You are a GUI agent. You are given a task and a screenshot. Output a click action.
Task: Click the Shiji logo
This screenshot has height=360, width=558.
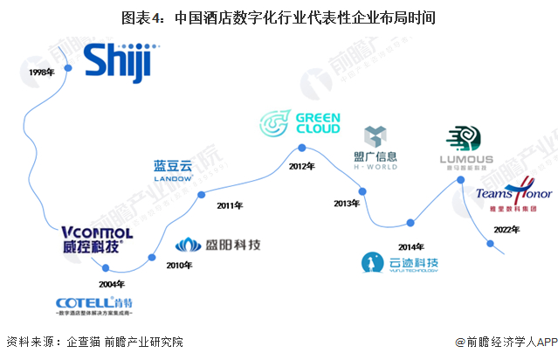tap(118, 64)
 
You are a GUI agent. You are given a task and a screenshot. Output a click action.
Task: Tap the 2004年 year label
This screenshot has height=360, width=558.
tap(111, 284)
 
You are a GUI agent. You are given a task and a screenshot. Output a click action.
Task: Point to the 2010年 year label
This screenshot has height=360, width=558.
tap(179, 265)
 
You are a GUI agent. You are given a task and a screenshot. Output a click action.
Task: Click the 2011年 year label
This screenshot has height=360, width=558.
tap(231, 205)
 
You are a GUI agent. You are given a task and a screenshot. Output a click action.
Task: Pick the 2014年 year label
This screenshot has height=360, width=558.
tap(410, 246)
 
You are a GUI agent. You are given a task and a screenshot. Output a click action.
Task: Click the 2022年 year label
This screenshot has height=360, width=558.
tap(506, 229)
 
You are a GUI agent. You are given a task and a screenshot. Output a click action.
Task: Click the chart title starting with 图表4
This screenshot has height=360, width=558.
tap(279, 17)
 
